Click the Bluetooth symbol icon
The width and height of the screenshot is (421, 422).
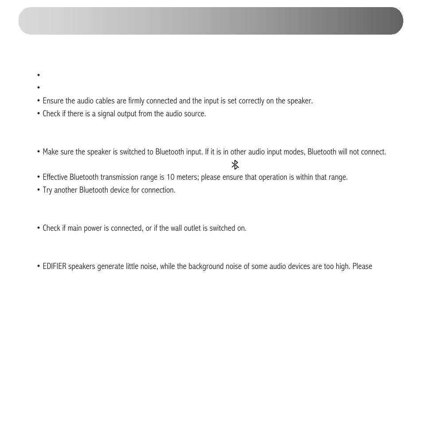235,165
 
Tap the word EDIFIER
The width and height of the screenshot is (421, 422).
55,266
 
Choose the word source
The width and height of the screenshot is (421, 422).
195,114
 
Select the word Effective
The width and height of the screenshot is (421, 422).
56,177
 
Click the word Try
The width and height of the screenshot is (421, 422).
47,190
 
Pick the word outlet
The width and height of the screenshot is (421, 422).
191,228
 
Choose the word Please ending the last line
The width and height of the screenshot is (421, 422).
362,266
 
